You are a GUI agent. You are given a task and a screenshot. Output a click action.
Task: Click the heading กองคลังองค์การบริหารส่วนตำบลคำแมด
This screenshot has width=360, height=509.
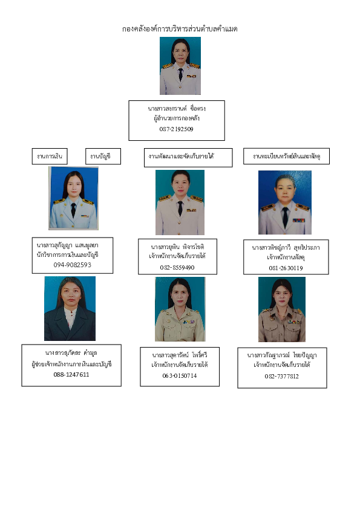[x=180, y=29]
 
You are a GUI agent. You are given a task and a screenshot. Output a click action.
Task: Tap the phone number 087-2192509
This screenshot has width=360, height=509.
[x=177, y=129]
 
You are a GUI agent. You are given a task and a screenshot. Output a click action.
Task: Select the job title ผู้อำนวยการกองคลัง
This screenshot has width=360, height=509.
[x=177, y=118]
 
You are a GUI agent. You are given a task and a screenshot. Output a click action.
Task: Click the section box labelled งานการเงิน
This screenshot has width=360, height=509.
[x=50, y=157]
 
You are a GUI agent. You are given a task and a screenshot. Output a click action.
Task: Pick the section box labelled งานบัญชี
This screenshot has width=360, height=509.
[x=103, y=157]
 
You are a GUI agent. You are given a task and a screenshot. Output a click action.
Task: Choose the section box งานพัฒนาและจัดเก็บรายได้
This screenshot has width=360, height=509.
[x=188, y=157]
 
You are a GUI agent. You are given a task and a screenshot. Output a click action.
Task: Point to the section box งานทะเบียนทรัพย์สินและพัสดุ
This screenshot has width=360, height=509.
[x=286, y=156]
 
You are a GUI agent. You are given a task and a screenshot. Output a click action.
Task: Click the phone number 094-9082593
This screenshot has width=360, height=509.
[x=73, y=265]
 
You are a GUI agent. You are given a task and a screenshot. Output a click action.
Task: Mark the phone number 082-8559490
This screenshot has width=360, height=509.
[x=177, y=268]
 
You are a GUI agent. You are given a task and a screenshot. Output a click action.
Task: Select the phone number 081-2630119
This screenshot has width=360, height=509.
[x=286, y=268]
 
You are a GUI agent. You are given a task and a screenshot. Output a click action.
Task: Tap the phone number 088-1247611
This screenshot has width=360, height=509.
[x=71, y=375]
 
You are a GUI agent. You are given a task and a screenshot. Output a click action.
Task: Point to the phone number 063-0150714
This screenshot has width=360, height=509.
[x=179, y=376]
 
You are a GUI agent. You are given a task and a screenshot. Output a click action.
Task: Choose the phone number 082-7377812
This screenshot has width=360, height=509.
[x=281, y=377]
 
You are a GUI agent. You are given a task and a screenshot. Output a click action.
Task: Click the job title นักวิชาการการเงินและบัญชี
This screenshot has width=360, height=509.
[x=68, y=255]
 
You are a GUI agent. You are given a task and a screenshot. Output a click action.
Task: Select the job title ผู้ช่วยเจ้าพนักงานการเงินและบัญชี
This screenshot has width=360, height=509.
[x=71, y=365]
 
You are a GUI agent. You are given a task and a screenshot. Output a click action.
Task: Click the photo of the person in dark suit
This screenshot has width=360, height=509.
[x=70, y=308]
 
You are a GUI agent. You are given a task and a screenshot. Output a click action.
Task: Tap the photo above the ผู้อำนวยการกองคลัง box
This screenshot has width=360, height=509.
[x=180, y=66]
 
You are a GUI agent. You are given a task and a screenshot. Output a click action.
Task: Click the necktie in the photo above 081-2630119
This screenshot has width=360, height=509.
[x=285, y=217]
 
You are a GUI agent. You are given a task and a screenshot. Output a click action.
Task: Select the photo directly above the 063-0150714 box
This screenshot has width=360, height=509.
[x=180, y=309]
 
